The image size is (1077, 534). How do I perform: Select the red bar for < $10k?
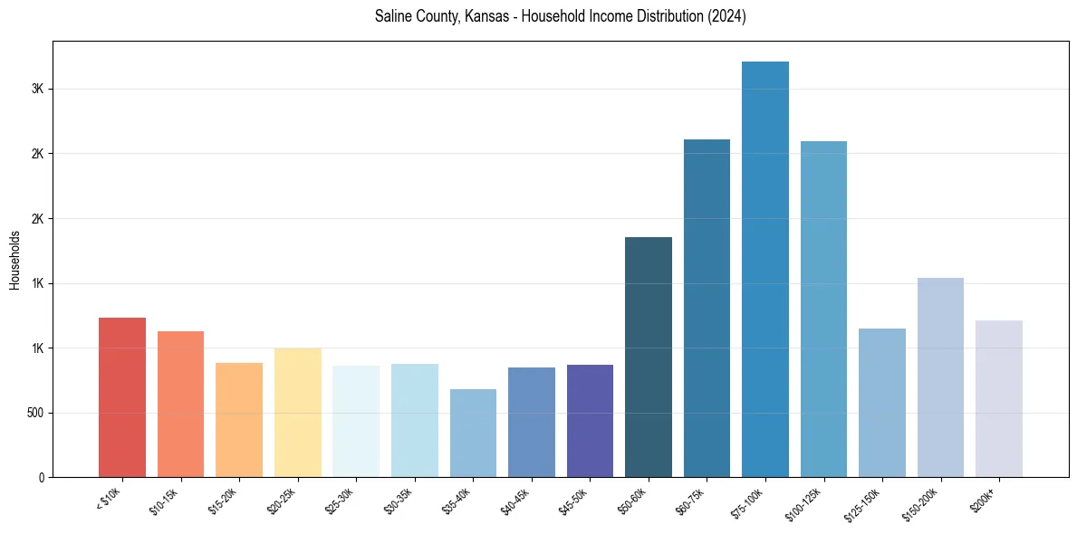(x=122, y=397)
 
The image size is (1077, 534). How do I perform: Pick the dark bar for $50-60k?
(x=649, y=357)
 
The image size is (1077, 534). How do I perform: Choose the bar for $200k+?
(x=999, y=398)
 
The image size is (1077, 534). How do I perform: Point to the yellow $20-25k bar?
(x=298, y=412)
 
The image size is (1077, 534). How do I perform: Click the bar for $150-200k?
(x=940, y=377)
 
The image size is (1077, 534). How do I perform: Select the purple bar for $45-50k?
(x=590, y=421)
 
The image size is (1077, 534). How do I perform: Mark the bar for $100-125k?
(x=823, y=309)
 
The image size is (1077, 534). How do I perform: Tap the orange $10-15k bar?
(x=180, y=404)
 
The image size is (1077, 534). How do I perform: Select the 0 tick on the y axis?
(x=42, y=477)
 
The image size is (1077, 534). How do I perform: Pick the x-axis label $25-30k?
(x=340, y=501)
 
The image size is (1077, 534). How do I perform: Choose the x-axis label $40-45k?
(x=515, y=501)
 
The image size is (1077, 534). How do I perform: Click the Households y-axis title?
(x=15, y=260)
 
